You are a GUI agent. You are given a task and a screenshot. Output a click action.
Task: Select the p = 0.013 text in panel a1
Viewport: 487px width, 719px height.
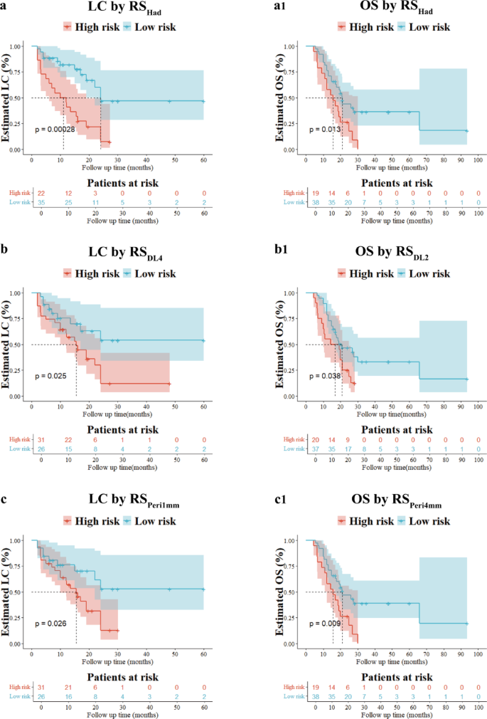coord(324,130)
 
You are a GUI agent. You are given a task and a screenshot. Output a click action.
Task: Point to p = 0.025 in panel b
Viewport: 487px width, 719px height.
coord(52,376)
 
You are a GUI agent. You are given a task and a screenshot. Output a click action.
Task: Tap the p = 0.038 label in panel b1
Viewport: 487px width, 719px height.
coord(324,376)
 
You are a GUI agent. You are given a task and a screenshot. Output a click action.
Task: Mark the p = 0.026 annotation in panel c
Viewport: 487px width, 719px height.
coord(52,624)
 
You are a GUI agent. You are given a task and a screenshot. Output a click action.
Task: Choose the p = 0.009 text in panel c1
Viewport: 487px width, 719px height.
coord(324,624)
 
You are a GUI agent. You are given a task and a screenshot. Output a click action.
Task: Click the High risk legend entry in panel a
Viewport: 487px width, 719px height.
coord(85,28)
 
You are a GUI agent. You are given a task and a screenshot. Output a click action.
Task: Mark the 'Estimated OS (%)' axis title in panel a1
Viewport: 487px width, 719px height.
coord(277,98)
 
